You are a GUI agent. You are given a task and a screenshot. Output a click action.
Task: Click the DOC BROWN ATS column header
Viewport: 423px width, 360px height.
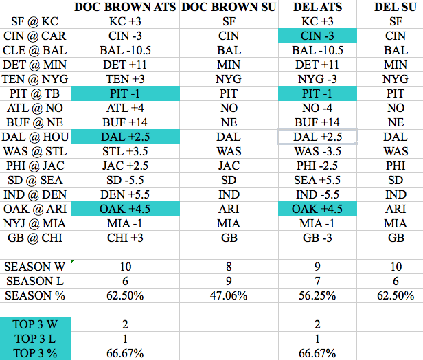125,8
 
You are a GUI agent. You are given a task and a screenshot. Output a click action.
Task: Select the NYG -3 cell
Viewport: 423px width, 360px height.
319,80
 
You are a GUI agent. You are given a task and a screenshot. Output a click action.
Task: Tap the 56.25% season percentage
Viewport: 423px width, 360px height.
319,295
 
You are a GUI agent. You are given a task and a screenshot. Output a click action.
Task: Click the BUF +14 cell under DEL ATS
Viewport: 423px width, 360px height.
319,123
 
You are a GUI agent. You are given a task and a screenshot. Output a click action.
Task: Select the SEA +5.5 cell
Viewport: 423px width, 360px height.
319,181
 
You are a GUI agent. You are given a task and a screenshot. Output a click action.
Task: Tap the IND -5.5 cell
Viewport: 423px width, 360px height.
319,195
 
